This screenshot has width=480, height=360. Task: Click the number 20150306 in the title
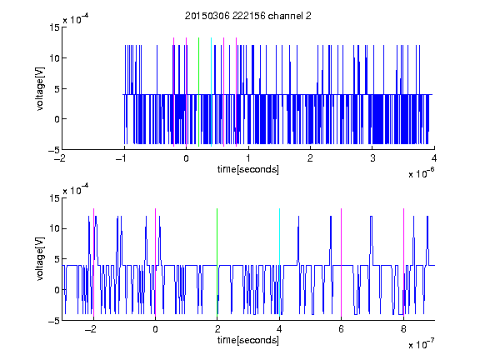coord(207,16)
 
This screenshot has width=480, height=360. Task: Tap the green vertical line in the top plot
coord(198,92)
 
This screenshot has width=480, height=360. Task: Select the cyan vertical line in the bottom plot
coord(279,262)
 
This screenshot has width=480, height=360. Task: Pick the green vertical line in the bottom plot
coord(217,262)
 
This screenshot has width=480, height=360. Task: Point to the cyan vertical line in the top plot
coord(211,92)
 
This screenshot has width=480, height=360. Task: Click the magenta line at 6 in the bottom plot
coord(342,262)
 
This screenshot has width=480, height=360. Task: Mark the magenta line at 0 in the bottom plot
coord(155,262)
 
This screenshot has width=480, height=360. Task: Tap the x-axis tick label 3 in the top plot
coord(372,158)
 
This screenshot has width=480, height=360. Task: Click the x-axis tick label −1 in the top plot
coord(122,158)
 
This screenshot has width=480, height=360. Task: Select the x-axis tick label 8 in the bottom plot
coord(403,329)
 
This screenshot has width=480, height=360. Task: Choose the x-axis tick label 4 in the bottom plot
coord(279,329)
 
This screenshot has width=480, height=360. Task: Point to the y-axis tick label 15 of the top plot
coord(55,27)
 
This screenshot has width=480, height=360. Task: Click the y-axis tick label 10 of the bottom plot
coord(55,228)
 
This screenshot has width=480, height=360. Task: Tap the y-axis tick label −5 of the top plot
coord(54,150)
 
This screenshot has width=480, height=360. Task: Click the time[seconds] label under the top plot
coord(248,169)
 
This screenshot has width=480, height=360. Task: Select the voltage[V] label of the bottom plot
coord(40,259)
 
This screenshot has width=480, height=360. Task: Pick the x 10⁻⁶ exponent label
coord(421,173)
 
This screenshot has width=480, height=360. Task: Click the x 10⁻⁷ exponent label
coord(421,344)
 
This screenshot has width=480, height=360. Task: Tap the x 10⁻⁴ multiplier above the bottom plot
coord(76,190)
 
